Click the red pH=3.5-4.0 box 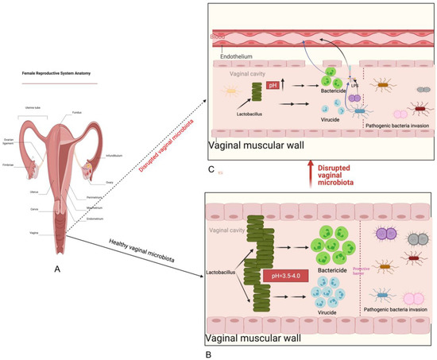coord(285,277)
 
